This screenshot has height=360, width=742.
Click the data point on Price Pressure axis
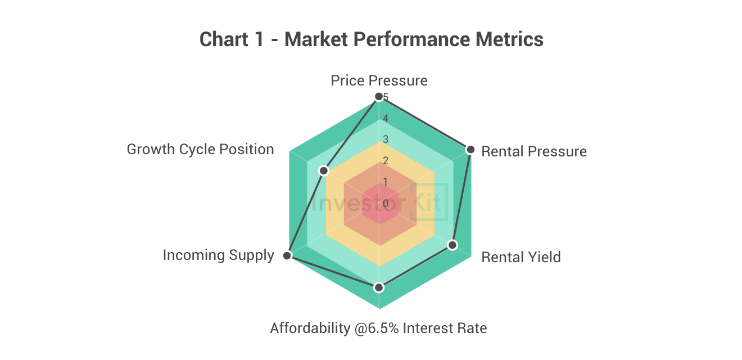pyautogui.click(x=379, y=97)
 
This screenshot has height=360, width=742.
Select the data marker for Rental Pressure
pyautogui.click(x=470, y=150)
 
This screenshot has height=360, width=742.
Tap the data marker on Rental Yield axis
pyautogui.click(x=453, y=245)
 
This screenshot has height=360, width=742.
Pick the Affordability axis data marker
pyautogui.click(x=379, y=287)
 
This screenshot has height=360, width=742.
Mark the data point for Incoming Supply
pyautogui.click(x=287, y=256)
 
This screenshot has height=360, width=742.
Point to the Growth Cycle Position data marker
pyautogui.click(x=323, y=170)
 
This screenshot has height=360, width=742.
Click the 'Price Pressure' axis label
pyautogui.click(x=379, y=80)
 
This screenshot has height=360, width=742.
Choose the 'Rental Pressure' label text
pyautogui.click(x=534, y=151)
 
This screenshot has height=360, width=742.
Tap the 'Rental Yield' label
pyautogui.click(x=521, y=257)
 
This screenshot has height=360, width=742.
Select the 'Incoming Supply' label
pyautogui.click(x=218, y=255)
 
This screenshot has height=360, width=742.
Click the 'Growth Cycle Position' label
pyautogui.click(x=200, y=149)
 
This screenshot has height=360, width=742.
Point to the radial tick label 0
pyautogui.click(x=385, y=203)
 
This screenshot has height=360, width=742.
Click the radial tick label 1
pyautogui.click(x=385, y=182)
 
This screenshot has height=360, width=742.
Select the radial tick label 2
pyautogui.click(x=385, y=161)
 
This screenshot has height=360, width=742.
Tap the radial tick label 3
pyautogui.click(x=385, y=139)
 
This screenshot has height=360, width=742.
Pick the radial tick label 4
pyautogui.click(x=385, y=119)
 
